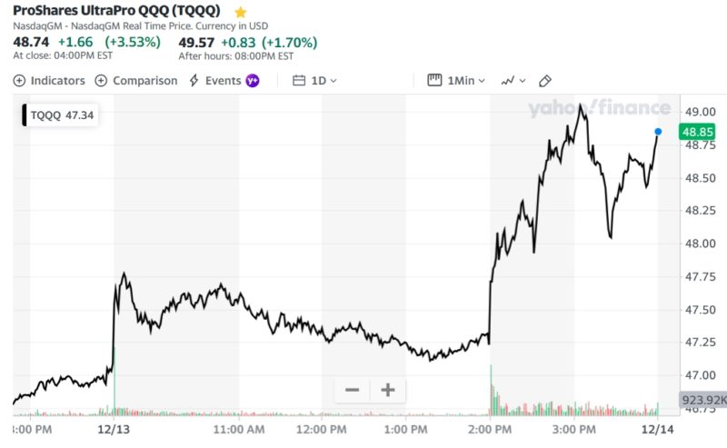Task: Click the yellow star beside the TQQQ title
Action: (240, 13)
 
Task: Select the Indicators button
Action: (49, 81)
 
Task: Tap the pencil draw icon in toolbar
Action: (545, 81)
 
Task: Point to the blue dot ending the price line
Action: (658, 132)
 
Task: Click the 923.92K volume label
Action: (703, 400)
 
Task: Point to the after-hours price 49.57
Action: (197, 42)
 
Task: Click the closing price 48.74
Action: (31, 42)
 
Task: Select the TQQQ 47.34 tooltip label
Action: (62, 115)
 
